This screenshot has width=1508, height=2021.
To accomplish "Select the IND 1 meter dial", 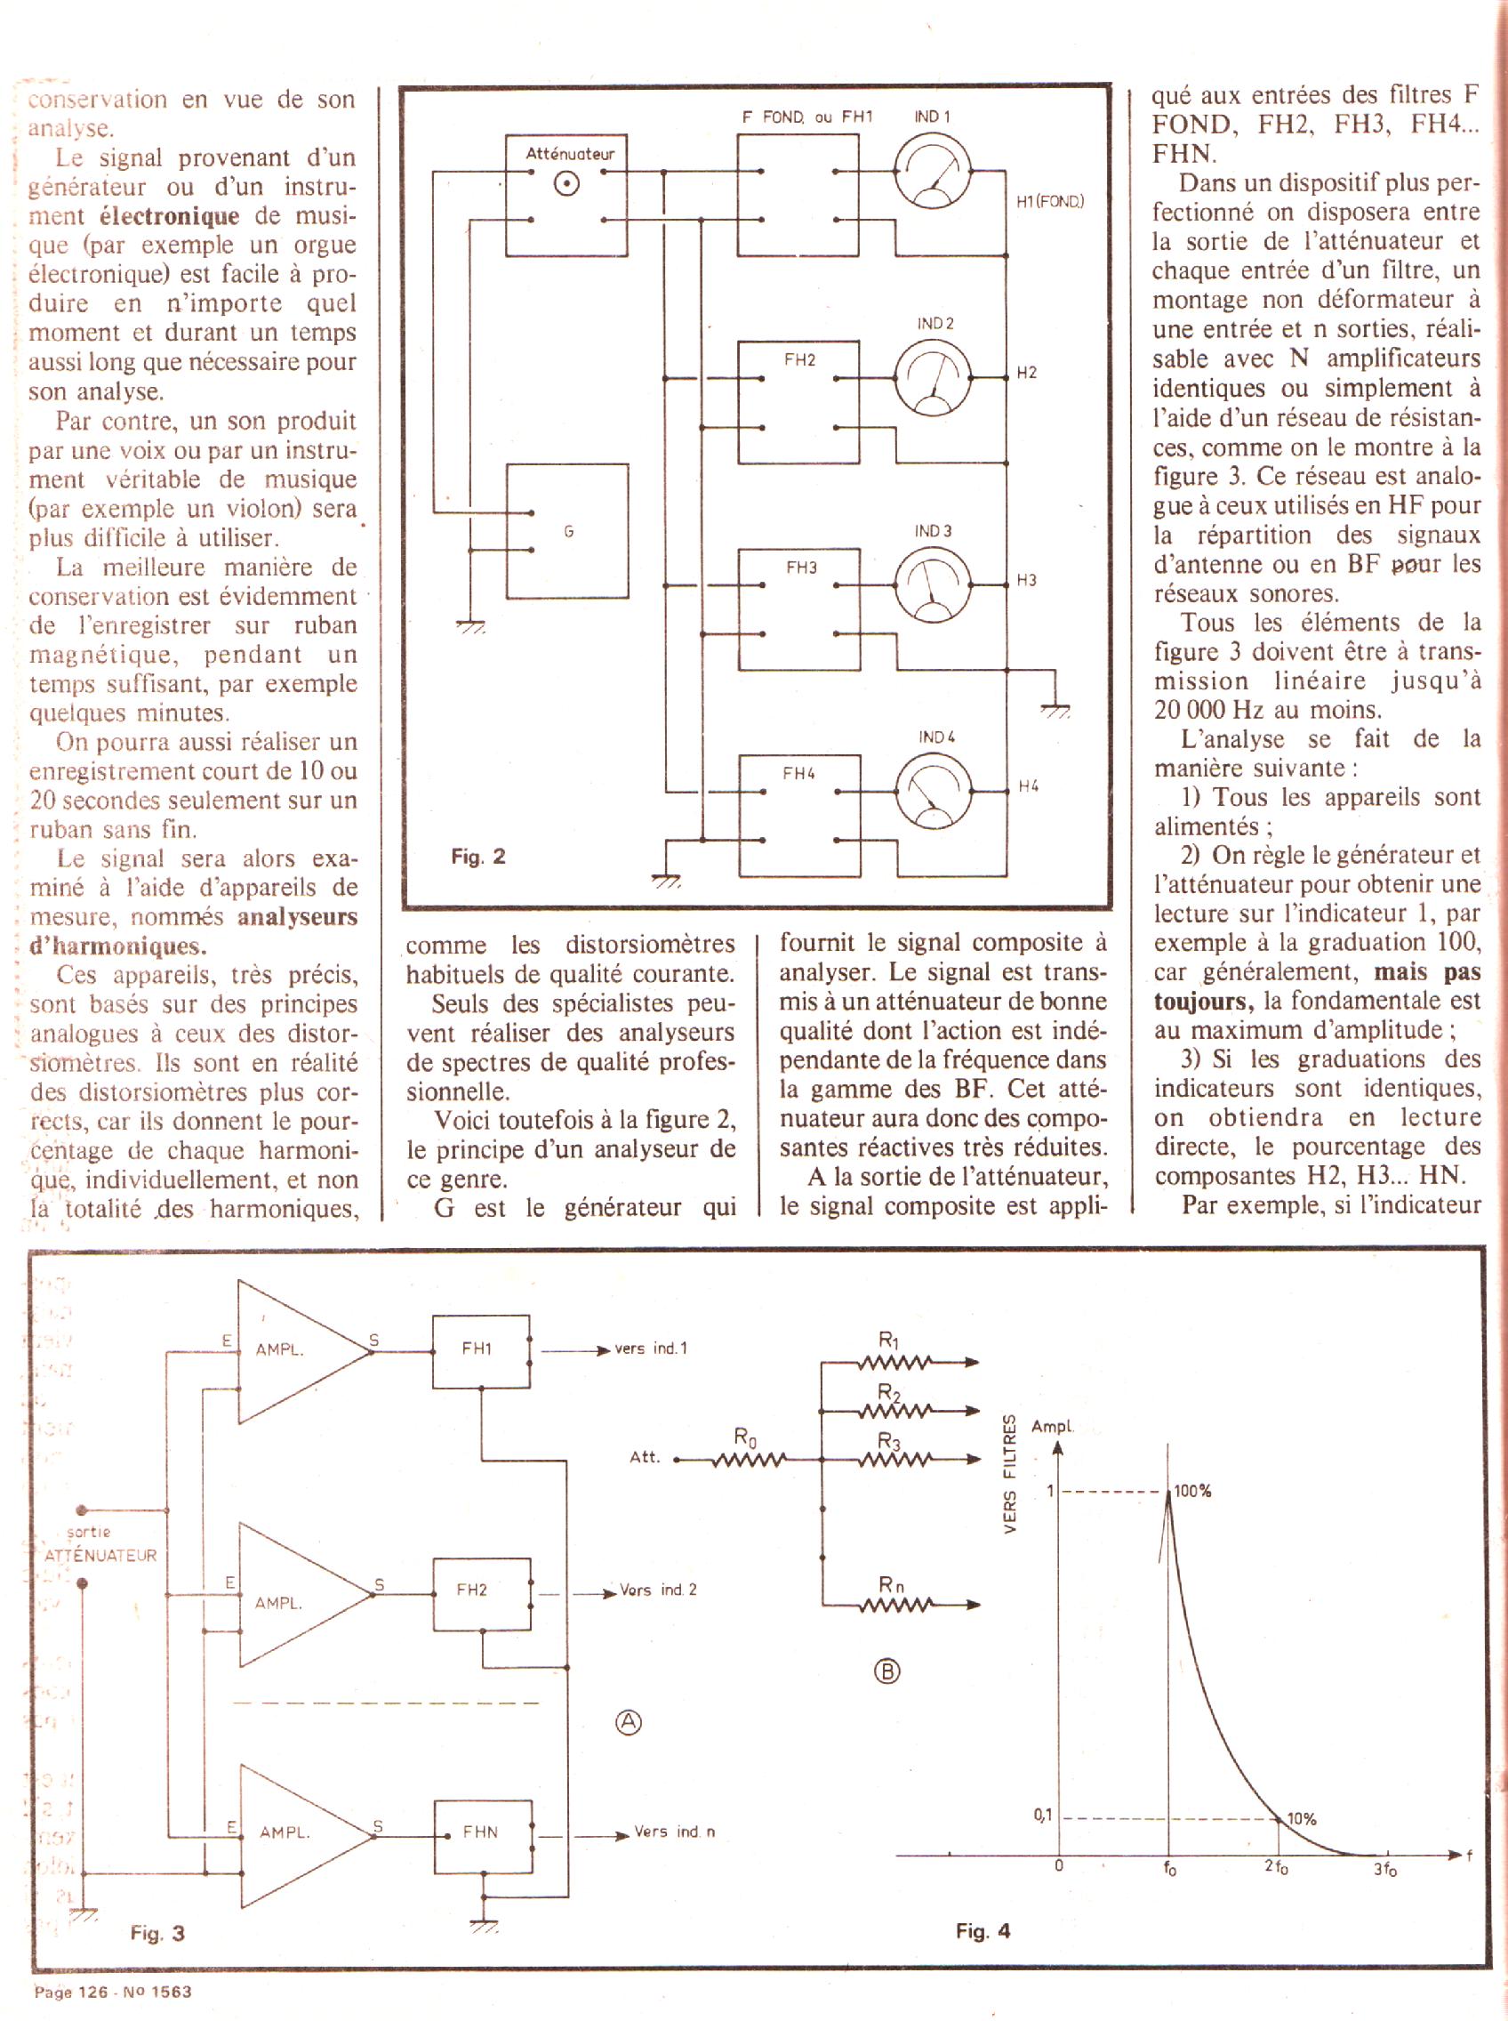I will pos(932,172).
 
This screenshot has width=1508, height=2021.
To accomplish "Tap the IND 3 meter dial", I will pos(932,586).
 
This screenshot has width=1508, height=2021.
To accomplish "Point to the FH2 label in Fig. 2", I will pos(799,360).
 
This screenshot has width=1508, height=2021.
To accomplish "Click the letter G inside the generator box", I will pos(568,532).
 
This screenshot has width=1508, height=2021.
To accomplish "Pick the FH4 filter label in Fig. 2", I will pos(798,774).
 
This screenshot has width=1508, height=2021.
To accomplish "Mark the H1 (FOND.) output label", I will pos(1050,201).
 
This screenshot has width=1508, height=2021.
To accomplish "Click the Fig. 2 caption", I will pos(477,857).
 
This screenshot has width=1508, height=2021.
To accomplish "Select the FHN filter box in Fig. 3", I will pos(482,1832).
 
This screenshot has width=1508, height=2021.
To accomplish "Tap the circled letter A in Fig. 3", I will pos(628,1722).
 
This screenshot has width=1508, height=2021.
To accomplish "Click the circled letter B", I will pos(887,1671).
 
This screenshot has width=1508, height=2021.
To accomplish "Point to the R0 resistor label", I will pos(746,1437).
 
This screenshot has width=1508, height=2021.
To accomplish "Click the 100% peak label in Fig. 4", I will pos(1192,1492).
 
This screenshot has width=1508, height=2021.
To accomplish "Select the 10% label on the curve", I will pos(1301,1818).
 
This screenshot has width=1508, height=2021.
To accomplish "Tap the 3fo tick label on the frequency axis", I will pos(1384,1870).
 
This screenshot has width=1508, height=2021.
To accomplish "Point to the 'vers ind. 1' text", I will pos(651,1349).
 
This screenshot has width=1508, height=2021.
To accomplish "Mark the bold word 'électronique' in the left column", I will pos(169,216).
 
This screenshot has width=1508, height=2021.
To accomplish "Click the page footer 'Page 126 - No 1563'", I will pos(112,1992).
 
